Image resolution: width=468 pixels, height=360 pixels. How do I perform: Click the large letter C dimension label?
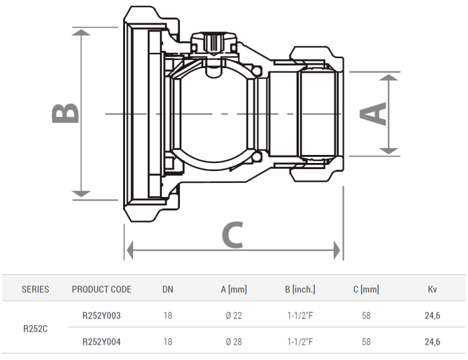point(231,234)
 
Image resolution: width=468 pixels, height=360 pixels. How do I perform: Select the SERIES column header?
point(35,290)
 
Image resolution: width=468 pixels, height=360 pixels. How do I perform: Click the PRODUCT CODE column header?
point(102,290)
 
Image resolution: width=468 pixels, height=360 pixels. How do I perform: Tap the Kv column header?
point(432,290)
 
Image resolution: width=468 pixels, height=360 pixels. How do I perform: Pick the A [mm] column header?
point(233,290)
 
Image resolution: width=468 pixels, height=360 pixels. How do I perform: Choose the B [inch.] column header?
point(300,290)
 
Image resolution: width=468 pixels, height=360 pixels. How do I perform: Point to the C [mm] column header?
point(366,290)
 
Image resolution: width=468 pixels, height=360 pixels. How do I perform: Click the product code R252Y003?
point(102,315)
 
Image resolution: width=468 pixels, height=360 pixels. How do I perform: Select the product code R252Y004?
point(102,342)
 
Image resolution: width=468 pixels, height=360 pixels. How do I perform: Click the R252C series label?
point(35,329)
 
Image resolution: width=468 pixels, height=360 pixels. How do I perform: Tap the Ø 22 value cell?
point(233,315)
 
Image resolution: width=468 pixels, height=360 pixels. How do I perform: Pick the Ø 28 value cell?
point(233,342)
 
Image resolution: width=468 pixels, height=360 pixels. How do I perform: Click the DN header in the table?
point(167,290)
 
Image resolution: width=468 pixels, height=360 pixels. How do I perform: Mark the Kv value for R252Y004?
point(432,342)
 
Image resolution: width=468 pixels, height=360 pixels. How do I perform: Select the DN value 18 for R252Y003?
point(167,315)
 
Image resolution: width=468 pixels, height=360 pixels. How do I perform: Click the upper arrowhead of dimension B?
point(82,33)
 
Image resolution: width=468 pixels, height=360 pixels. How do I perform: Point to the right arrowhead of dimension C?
point(337,251)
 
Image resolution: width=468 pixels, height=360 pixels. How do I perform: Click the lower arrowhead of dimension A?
point(389,150)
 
